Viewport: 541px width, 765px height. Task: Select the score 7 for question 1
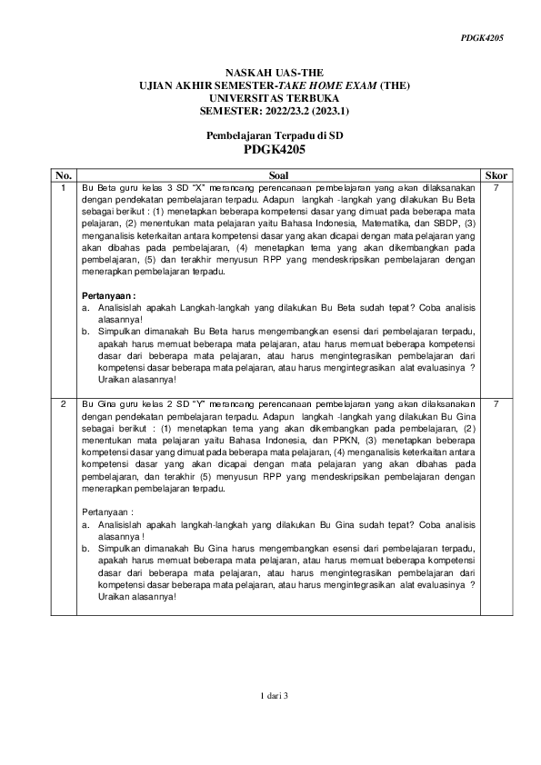496,187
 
